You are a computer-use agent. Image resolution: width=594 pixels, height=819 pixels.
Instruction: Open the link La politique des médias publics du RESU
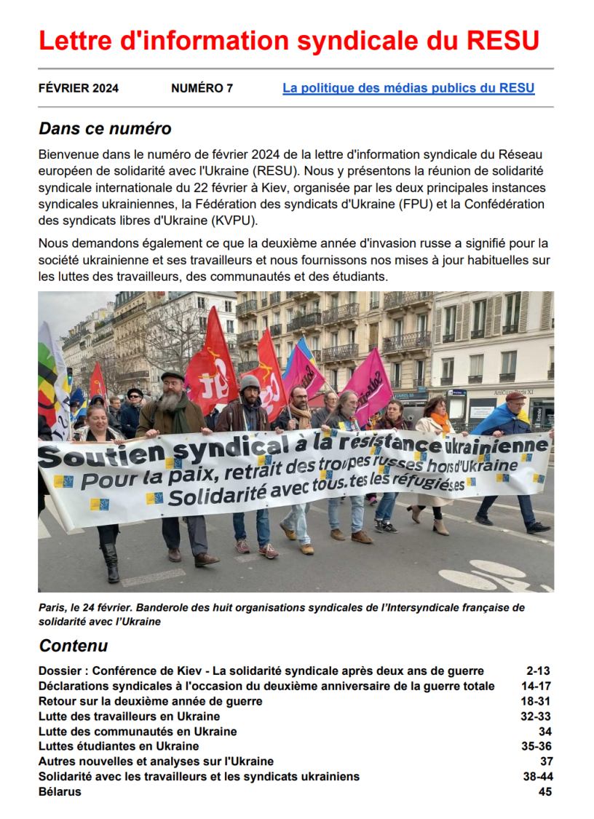click(408, 89)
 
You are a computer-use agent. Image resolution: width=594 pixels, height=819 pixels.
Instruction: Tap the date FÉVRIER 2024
click(79, 89)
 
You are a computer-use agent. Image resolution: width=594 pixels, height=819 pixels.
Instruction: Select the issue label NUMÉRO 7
click(202, 89)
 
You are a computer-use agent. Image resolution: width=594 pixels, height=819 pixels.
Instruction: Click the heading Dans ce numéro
click(105, 129)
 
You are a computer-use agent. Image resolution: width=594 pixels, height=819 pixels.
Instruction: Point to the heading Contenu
click(73, 646)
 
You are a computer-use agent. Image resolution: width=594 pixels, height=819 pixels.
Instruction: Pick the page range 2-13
click(539, 671)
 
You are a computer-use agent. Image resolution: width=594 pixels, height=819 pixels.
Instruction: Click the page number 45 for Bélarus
click(545, 792)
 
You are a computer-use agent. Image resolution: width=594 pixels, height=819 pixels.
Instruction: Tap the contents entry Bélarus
click(60, 792)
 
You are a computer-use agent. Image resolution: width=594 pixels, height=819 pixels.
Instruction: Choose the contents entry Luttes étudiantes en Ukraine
click(119, 746)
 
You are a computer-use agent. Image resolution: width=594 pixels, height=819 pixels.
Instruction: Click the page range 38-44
click(538, 777)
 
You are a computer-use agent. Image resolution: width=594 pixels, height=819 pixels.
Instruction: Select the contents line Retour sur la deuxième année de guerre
click(150, 701)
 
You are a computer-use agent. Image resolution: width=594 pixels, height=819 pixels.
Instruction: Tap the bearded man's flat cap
click(173, 376)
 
